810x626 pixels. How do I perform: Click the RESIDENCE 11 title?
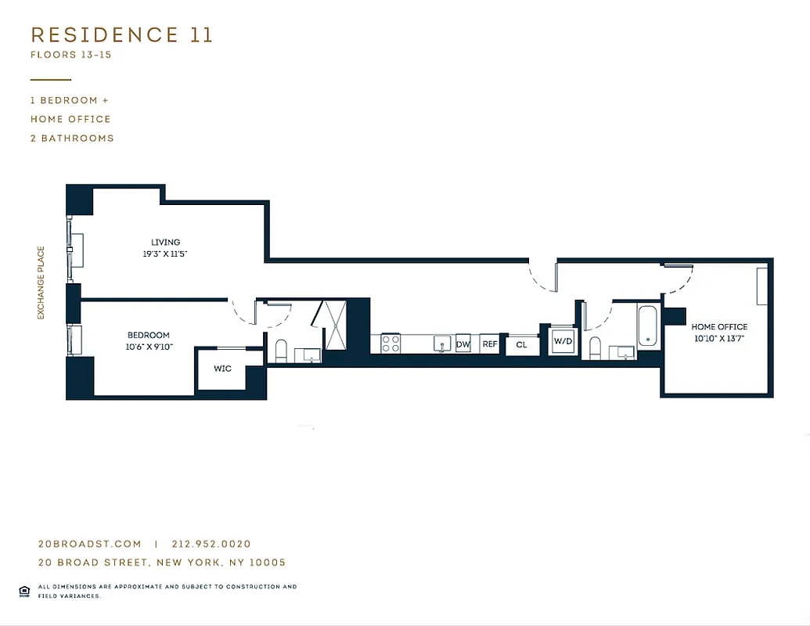point(121,35)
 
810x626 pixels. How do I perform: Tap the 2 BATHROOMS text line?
point(72,139)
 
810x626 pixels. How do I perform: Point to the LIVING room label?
point(166,243)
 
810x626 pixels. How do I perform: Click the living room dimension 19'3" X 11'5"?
point(166,254)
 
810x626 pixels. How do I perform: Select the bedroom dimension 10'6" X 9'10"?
point(149,347)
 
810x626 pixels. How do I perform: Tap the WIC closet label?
point(222,369)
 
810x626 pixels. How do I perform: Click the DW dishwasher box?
point(463,344)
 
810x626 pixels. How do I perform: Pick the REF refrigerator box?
point(489,344)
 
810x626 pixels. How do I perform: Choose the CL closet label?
point(522,345)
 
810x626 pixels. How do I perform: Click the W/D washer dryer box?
point(563,342)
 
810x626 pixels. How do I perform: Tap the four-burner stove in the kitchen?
point(391,344)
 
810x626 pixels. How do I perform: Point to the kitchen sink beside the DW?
point(441,344)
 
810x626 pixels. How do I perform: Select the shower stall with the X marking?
point(334,324)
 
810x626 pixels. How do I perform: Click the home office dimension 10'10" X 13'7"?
point(718,338)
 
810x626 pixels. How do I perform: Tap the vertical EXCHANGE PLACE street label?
point(41,283)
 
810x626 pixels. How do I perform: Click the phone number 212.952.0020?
point(211,544)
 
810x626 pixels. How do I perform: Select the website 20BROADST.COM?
point(90,544)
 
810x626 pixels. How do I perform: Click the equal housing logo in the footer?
point(24,590)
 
